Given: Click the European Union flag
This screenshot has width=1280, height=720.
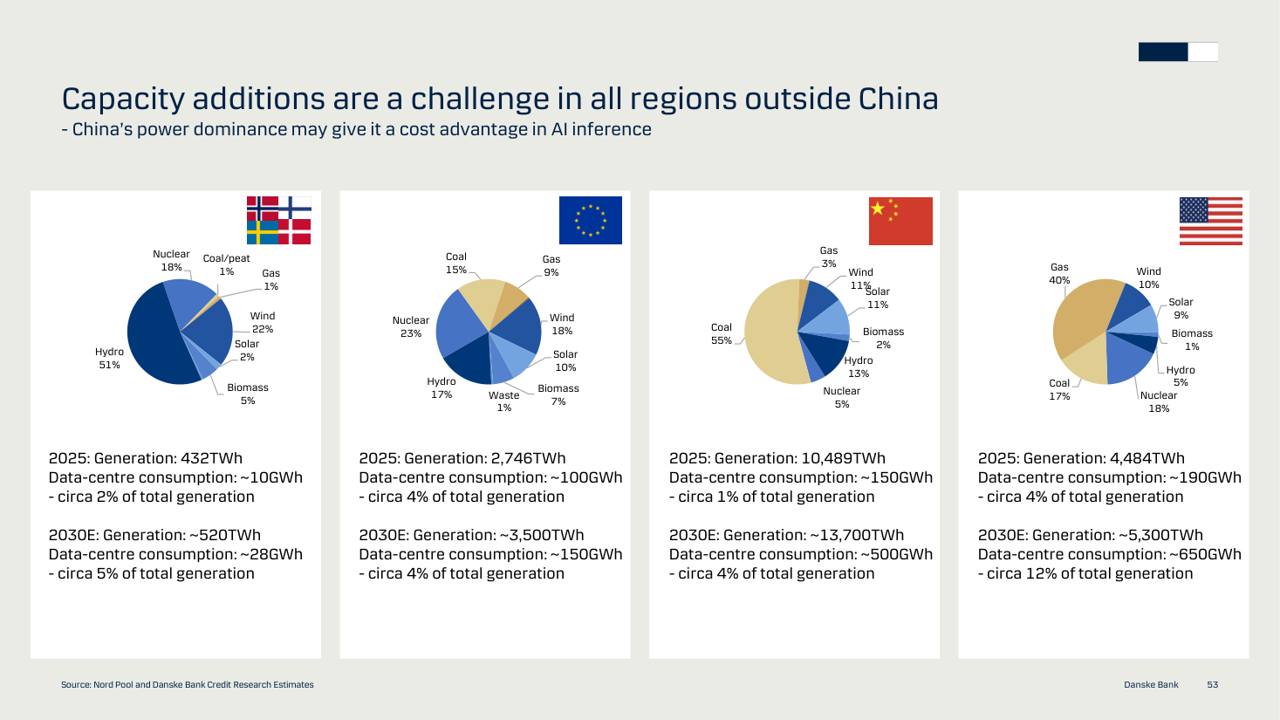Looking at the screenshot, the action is [591, 221].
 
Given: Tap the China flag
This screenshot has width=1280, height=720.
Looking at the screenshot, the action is [900, 221].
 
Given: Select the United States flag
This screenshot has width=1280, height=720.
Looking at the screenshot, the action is [1211, 221].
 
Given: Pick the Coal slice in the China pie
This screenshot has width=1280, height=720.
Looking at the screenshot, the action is [769, 332].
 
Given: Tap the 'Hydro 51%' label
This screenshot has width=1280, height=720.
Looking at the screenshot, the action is [109, 359].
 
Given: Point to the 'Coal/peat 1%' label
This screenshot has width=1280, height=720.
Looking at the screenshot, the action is [226, 265].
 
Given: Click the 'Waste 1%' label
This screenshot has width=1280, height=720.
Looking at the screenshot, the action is [504, 401].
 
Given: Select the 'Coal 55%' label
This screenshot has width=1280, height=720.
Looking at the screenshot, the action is [721, 333].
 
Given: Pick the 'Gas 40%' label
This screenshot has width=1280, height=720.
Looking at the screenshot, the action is [1059, 274].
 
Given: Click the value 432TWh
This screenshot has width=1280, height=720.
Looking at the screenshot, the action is [211, 458].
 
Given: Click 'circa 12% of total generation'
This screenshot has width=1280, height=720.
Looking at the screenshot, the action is [1090, 573].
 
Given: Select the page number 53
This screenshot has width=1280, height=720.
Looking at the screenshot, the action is [1213, 684].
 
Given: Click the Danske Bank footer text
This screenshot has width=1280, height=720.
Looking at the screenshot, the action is [1151, 684].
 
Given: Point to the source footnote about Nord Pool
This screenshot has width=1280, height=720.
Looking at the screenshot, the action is [188, 684].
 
